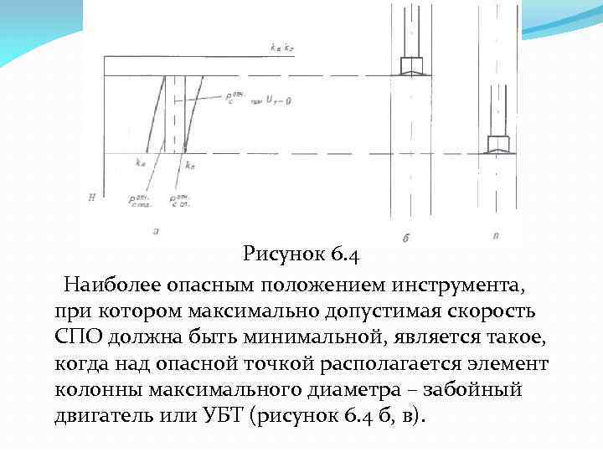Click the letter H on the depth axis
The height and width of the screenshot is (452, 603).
[x=90, y=198]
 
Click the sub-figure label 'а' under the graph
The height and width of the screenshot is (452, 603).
[x=156, y=229]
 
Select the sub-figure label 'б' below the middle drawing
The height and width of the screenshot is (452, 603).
[x=405, y=238]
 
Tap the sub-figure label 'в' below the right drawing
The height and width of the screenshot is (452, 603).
[x=496, y=235]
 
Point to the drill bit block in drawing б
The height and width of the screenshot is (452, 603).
[x=411, y=65]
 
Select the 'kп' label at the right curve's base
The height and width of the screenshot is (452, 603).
[x=191, y=164]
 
